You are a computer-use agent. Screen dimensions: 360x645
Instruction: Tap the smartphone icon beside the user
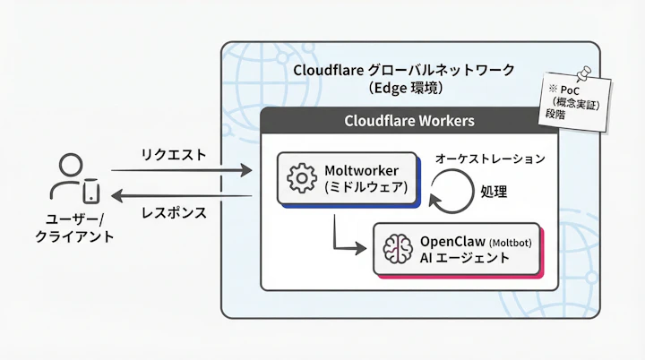tap(90, 192)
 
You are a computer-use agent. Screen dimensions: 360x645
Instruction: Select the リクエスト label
tap(173, 154)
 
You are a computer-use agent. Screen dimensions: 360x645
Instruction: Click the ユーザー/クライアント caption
tap(74, 227)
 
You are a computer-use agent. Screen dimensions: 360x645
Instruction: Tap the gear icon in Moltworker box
tap(301, 178)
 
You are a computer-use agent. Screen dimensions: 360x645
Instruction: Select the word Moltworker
tap(362, 170)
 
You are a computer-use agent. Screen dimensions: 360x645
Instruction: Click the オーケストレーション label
tap(489, 159)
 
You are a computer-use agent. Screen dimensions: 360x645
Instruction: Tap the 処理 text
tap(494, 192)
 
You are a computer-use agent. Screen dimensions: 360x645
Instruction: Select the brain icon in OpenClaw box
tap(396, 248)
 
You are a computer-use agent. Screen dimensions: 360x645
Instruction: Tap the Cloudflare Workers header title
tap(409, 121)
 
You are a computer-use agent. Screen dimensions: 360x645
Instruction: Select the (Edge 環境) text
tap(407, 89)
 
